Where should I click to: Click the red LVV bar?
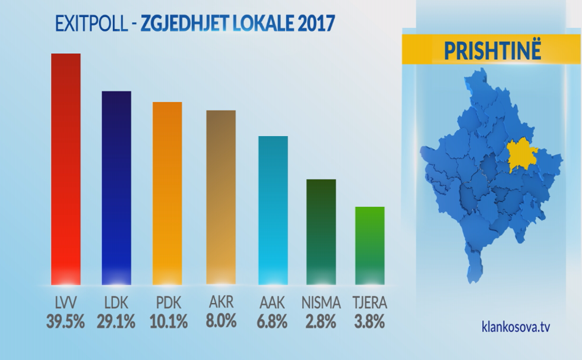click(x=65, y=169)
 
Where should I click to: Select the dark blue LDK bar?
click(x=116, y=188)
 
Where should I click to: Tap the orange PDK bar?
click(x=167, y=193)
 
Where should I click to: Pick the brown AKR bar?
click(x=221, y=197)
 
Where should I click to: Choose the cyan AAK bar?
click(x=273, y=210)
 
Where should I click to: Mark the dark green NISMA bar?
click(x=321, y=232)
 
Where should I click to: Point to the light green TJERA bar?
click(x=370, y=245)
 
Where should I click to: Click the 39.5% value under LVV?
click(x=65, y=322)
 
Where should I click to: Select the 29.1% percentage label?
click(x=116, y=322)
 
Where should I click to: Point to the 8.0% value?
click(x=222, y=321)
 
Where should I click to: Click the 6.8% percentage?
click(x=273, y=322)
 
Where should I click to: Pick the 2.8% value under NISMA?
click(x=321, y=322)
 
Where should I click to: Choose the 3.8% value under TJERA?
click(x=370, y=322)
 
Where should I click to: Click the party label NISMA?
click(x=321, y=303)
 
